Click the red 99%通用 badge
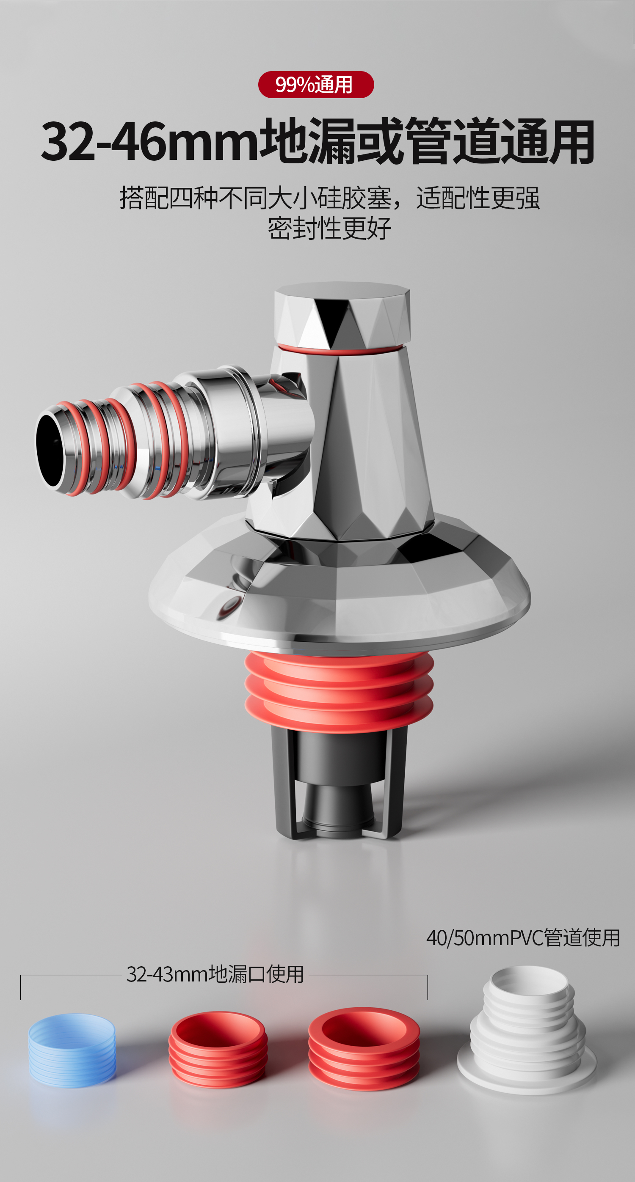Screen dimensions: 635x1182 316,85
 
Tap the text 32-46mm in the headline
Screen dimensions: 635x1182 150,142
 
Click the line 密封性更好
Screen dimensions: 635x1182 329,228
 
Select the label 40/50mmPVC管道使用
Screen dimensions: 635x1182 523,937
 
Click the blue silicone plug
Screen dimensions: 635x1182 72,1050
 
